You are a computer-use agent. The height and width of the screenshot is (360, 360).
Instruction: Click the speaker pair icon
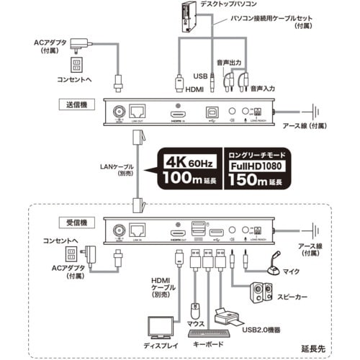[260, 294]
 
